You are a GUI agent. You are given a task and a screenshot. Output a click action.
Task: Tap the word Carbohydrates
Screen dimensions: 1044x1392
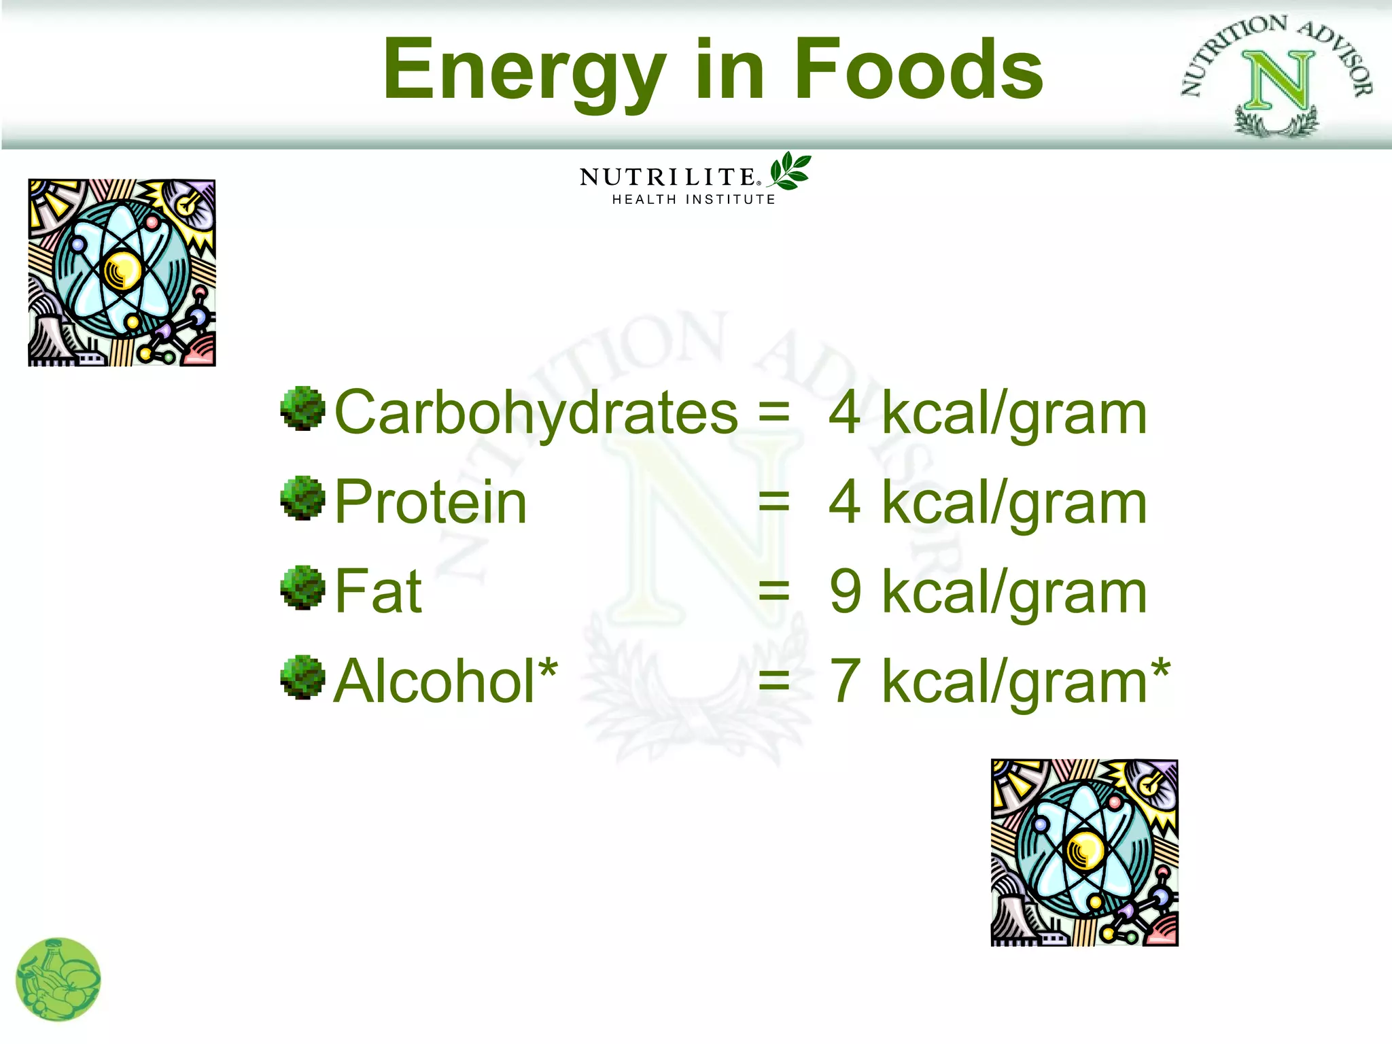[536, 413]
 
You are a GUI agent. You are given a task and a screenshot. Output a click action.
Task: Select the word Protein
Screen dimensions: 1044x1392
[431, 502]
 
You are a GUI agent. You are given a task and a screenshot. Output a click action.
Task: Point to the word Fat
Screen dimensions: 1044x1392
[379, 592]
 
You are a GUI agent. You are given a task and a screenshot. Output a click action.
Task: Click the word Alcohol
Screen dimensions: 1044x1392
[435, 681]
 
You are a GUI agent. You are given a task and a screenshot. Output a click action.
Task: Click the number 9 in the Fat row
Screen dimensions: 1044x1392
[845, 592]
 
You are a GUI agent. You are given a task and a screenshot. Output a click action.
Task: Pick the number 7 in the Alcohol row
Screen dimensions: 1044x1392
[845, 681]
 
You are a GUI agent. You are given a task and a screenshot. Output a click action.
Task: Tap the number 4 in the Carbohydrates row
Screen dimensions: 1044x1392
[844, 413]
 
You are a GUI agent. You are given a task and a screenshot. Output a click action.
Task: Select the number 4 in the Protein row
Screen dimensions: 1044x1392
[844, 502]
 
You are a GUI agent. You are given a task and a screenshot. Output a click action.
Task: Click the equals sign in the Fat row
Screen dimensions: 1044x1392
[773, 592]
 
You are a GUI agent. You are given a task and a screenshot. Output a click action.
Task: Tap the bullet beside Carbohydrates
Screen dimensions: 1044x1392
[302, 408]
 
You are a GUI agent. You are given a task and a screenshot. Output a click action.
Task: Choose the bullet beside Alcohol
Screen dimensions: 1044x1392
[302, 676]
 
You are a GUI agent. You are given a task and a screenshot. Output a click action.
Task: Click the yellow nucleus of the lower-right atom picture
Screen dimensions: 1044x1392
[1085, 852]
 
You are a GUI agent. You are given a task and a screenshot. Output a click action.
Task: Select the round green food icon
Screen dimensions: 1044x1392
[58, 979]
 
